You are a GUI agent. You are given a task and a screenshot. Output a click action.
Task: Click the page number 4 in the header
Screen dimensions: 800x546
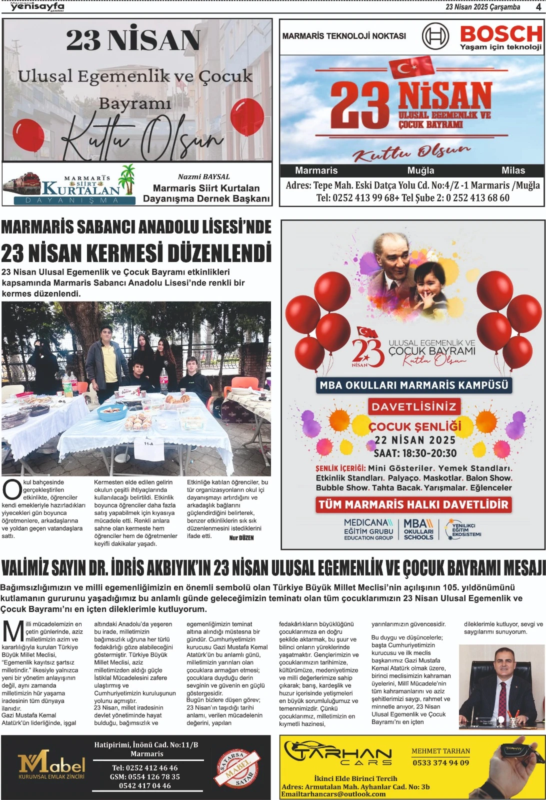(538, 6)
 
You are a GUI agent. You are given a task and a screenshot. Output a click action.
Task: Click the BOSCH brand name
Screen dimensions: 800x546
(500, 34)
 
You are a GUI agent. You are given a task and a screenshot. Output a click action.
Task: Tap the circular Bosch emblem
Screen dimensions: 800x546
(435, 36)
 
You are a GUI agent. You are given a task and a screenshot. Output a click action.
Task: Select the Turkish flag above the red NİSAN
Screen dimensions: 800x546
(411, 67)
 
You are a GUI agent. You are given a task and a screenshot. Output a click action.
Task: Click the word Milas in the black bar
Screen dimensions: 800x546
(513, 170)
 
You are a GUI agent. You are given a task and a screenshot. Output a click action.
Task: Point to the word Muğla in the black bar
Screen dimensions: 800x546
(420, 170)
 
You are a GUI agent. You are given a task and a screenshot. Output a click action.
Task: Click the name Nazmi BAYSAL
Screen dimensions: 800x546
(203, 176)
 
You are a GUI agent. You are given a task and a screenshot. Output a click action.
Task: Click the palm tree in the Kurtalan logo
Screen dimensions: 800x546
(127, 178)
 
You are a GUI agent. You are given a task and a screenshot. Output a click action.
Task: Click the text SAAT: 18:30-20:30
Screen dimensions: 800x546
(415, 453)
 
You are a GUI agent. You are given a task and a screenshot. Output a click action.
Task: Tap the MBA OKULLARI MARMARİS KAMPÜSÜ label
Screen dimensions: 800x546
(413, 385)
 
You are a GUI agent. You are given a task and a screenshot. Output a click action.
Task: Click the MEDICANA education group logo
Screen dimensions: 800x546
(368, 529)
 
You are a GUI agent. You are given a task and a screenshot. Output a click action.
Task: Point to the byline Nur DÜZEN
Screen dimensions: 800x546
(241, 538)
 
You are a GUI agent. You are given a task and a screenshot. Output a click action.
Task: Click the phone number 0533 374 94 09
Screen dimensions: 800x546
(440, 762)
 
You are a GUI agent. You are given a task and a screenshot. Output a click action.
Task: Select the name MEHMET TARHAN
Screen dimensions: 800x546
(440, 751)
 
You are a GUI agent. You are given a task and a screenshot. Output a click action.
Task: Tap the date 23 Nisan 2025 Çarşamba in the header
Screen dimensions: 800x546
(482, 6)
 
